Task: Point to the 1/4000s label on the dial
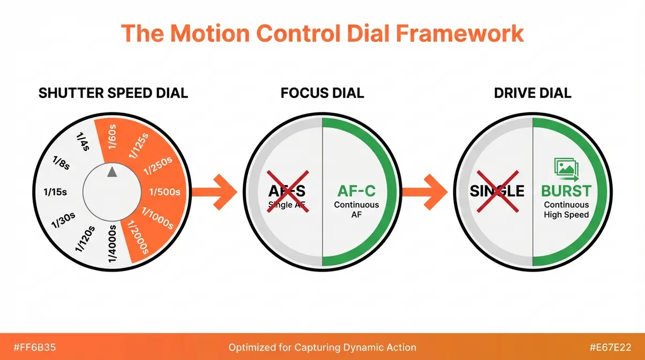pos(113,244)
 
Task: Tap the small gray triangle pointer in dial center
pos(112,171)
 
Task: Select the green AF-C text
pos(356,191)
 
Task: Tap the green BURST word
pos(566,191)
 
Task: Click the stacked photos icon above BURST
pos(565,167)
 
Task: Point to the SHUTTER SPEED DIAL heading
pos(113,93)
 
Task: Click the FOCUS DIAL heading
pos(322,93)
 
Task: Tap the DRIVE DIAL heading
pos(532,93)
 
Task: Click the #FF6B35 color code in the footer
pos(28,347)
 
